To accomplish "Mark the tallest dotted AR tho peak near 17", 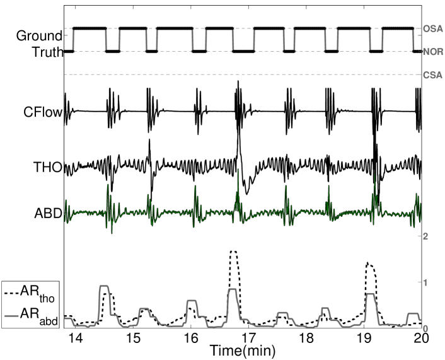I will point(234,252).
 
